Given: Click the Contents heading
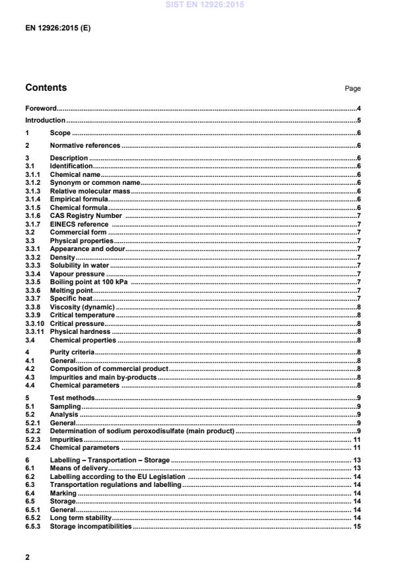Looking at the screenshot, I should [x=46, y=87].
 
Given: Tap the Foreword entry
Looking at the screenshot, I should [x=40, y=107].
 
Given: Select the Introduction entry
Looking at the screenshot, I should [x=45, y=120].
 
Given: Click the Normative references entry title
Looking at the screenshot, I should [x=85, y=145].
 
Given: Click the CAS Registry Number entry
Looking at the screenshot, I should [x=85, y=215].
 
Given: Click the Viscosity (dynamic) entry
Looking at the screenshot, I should [x=82, y=307].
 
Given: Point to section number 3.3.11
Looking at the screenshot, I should [x=35, y=331].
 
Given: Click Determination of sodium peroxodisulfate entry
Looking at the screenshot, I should [x=142, y=431].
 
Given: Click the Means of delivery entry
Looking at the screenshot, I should [x=78, y=468].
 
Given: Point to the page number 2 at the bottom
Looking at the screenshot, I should [x=27, y=557].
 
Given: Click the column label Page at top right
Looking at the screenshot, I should [x=353, y=89].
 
